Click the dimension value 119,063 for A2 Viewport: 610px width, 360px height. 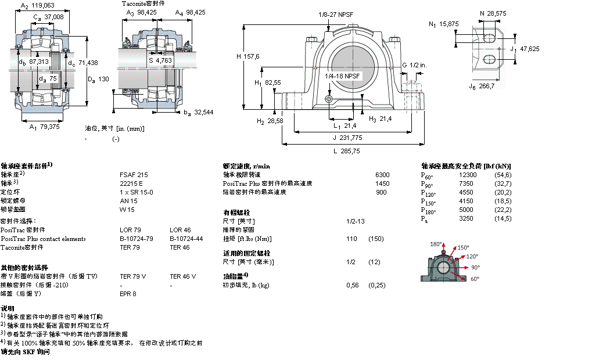[43, 5]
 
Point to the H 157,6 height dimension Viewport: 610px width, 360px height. [248, 56]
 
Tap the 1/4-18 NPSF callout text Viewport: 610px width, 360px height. [343, 75]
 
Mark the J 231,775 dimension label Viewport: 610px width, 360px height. [347, 138]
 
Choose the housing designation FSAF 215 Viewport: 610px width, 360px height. [134, 174]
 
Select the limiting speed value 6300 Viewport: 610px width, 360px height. [382, 174]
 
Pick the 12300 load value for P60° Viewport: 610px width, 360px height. [468, 175]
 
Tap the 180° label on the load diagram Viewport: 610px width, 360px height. [436, 244]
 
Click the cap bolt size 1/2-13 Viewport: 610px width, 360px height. [356, 221]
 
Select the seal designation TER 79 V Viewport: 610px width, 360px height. [132, 276]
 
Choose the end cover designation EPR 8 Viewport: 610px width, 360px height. [128, 294]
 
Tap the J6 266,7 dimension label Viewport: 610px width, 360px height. [482, 87]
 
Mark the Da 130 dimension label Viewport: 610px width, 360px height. [98, 79]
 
